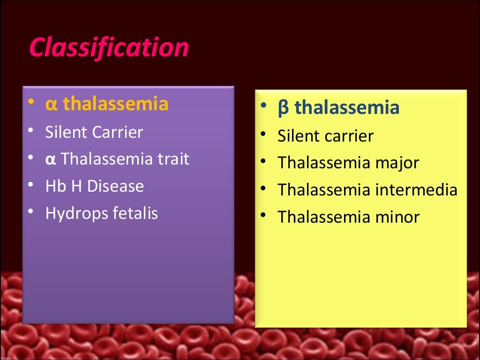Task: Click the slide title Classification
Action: (x=109, y=47)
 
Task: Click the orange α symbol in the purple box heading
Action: (x=51, y=105)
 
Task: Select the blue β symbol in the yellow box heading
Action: (x=283, y=108)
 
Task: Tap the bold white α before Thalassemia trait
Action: (x=51, y=160)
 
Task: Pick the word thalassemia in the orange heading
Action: (x=116, y=104)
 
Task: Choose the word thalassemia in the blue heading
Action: (x=347, y=108)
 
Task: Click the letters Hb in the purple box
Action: (x=54, y=186)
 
